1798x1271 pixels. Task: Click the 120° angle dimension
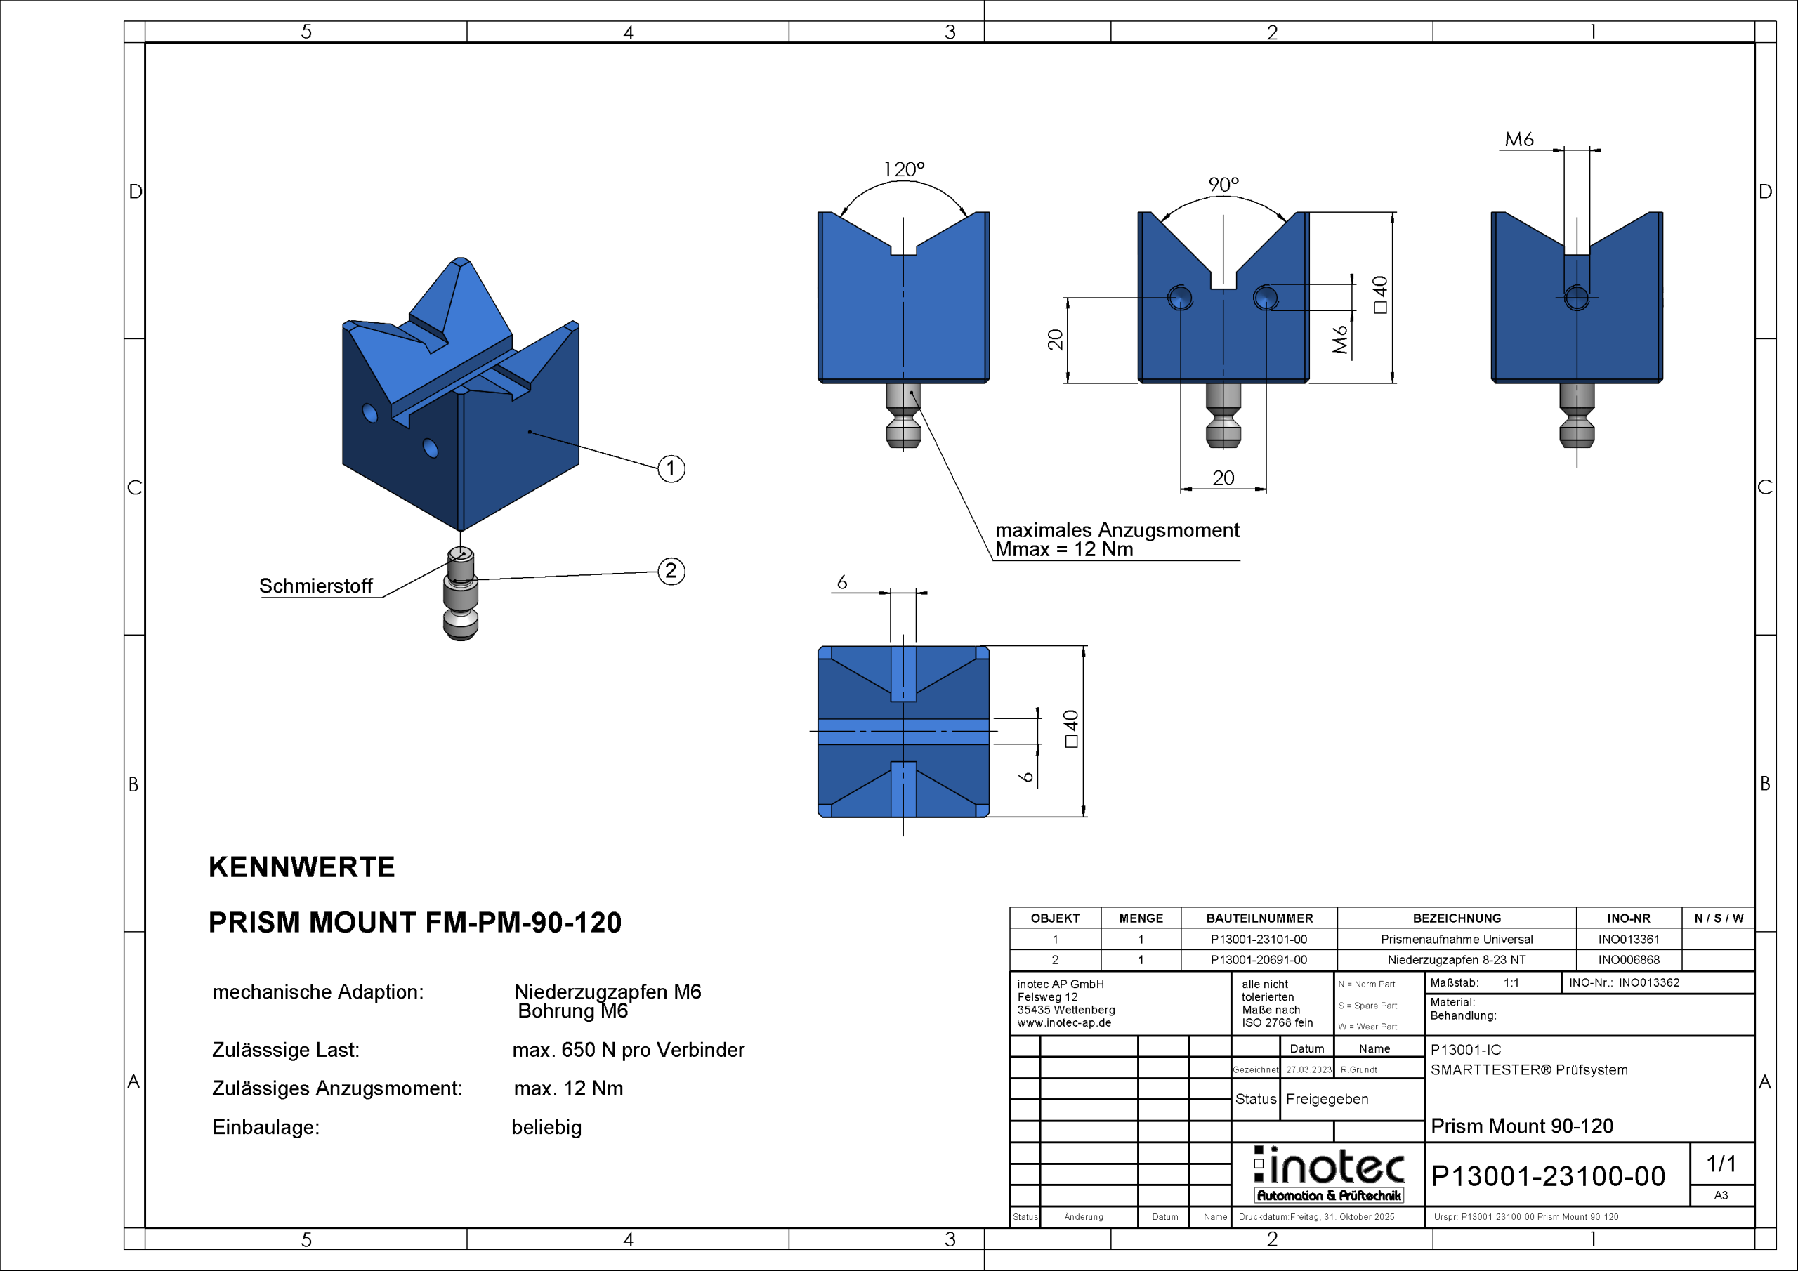[x=904, y=169]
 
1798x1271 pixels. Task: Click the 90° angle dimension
[x=1223, y=185]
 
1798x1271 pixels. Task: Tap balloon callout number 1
[x=670, y=468]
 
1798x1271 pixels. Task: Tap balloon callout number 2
[x=670, y=571]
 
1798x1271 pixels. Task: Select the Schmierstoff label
[x=315, y=586]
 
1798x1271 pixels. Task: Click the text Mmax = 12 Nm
[x=1063, y=550]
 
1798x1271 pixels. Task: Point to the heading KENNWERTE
[x=301, y=867]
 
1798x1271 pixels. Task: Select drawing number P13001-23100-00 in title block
[x=1547, y=1176]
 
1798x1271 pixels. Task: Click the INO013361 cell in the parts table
[x=1628, y=939]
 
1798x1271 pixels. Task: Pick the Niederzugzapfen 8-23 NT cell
[x=1456, y=959]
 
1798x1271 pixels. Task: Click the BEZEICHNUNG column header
[x=1456, y=918]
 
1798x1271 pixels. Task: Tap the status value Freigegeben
[x=1327, y=1099]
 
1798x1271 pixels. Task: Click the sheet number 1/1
[x=1721, y=1164]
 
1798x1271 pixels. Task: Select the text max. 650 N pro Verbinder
[x=628, y=1049]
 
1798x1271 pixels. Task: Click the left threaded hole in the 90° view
[x=1179, y=298]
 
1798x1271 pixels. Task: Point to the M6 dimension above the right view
[x=1518, y=140]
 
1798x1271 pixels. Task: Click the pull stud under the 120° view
[x=903, y=415]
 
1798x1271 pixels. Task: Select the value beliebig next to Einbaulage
[x=546, y=1127]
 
